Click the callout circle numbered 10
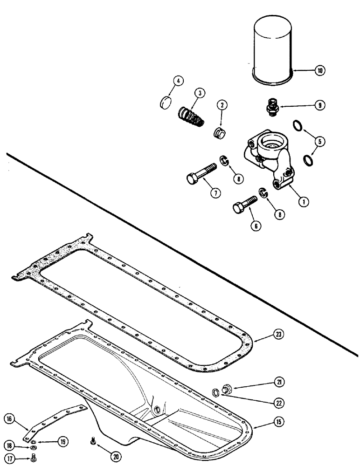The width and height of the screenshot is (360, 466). pos(319,71)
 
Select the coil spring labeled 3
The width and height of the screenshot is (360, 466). pos(191,115)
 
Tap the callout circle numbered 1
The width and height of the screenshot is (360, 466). pos(303,202)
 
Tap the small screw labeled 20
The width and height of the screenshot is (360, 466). pos(92,440)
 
